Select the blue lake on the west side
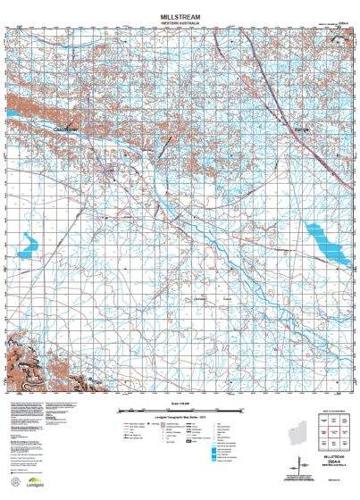(26, 242)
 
